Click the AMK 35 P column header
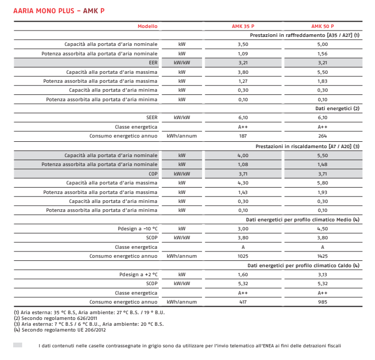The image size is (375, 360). click(x=243, y=26)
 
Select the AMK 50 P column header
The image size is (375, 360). click(x=322, y=26)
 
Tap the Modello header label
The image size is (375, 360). click(x=147, y=26)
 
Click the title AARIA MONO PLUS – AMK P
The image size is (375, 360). click(x=58, y=11)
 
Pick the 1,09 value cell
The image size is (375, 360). click(x=243, y=53)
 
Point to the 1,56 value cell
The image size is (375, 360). click(x=322, y=53)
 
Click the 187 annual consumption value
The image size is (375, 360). click(x=243, y=136)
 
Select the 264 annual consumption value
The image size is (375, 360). click(x=322, y=136)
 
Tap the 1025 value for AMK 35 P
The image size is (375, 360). click(x=243, y=256)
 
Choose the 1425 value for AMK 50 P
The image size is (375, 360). click(x=322, y=256)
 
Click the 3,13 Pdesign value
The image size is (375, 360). click(x=322, y=275)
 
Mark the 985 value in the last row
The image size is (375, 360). click(x=322, y=302)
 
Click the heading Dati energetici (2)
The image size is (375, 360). click(x=338, y=108)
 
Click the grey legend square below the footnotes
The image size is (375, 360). click(x=17, y=345)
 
